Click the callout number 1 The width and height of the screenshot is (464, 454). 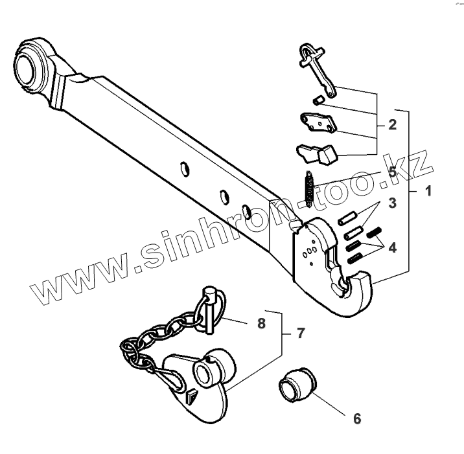428,191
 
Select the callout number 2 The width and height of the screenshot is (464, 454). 392,124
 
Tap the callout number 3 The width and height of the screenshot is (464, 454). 392,203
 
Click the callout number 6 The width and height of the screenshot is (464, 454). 356,418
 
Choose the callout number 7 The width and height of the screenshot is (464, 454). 300,334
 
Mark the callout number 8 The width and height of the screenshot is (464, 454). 261,323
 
